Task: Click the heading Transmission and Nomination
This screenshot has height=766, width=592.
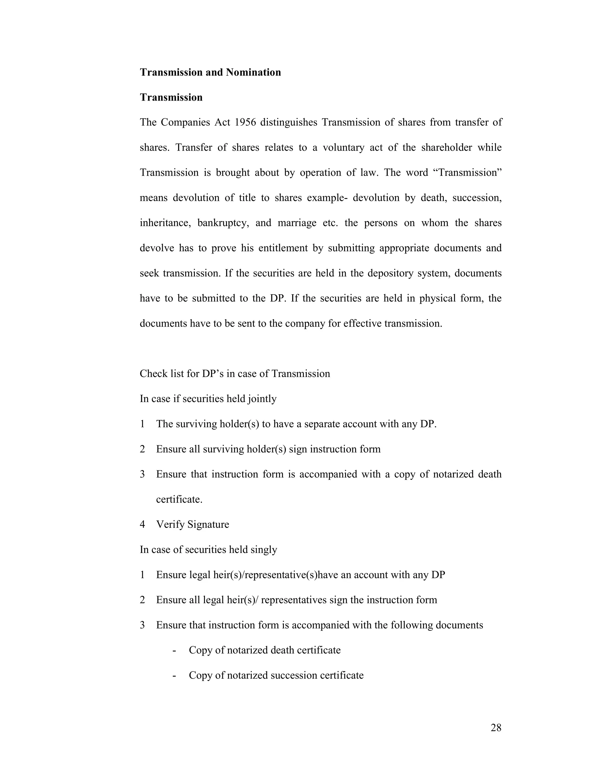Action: click(x=210, y=72)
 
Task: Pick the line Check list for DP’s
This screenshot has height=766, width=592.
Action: click(x=235, y=374)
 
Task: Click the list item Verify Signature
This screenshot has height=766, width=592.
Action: click(x=193, y=525)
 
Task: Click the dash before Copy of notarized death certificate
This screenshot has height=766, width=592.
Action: click(x=174, y=651)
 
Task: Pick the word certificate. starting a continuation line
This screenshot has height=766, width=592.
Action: click(x=179, y=499)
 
